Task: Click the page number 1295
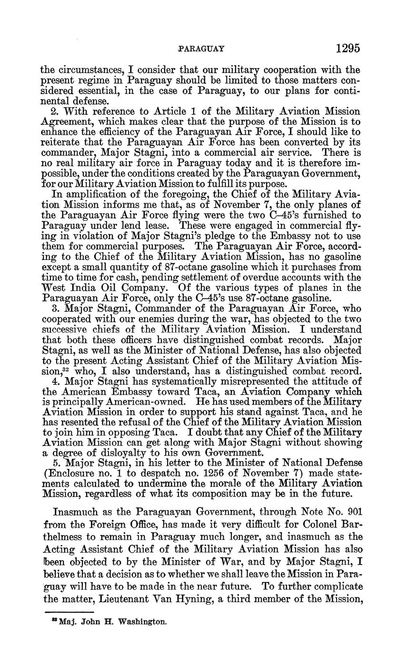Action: point(347,48)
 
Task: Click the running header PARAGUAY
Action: point(200,49)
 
